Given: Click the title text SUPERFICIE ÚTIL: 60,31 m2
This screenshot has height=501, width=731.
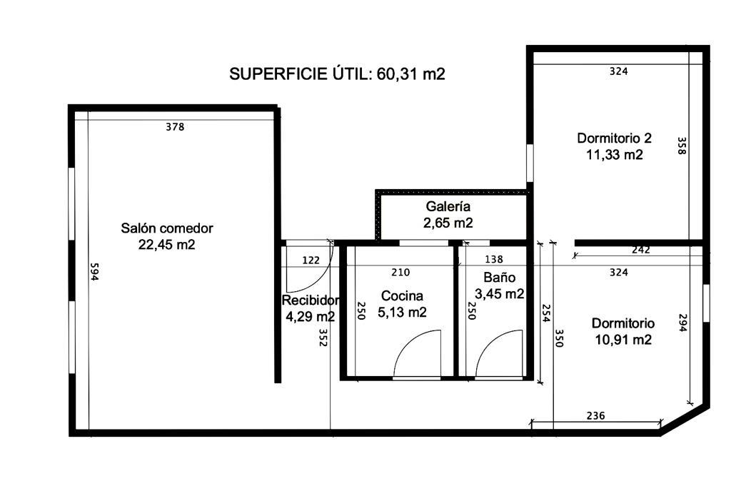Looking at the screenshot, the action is [337, 74].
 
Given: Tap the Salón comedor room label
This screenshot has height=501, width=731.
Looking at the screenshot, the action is [167, 228].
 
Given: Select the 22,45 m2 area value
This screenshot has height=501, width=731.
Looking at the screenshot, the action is [167, 244].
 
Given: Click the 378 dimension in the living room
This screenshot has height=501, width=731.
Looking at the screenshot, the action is [176, 127].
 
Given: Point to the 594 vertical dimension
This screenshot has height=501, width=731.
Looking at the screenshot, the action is [95, 272].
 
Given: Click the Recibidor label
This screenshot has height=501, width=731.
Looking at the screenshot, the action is [310, 300].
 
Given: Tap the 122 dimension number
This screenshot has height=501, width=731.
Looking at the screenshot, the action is [311, 260].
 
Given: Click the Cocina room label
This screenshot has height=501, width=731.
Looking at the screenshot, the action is [402, 295].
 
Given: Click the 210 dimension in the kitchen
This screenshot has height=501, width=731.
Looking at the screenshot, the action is [400, 272].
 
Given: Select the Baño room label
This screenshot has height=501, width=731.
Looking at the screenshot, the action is [499, 278].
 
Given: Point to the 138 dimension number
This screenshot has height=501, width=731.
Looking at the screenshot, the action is [494, 259].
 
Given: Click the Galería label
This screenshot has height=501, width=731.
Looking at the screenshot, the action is [448, 206].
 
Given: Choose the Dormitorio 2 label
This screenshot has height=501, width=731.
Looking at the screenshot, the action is [614, 138].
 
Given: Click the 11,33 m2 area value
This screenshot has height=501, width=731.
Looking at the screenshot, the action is [614, 154].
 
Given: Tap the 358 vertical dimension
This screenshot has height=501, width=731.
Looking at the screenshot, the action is [682, 146].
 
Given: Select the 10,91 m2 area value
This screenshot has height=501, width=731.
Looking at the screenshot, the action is [622, 339].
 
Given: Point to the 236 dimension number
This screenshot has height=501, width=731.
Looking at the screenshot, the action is [595, 415].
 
